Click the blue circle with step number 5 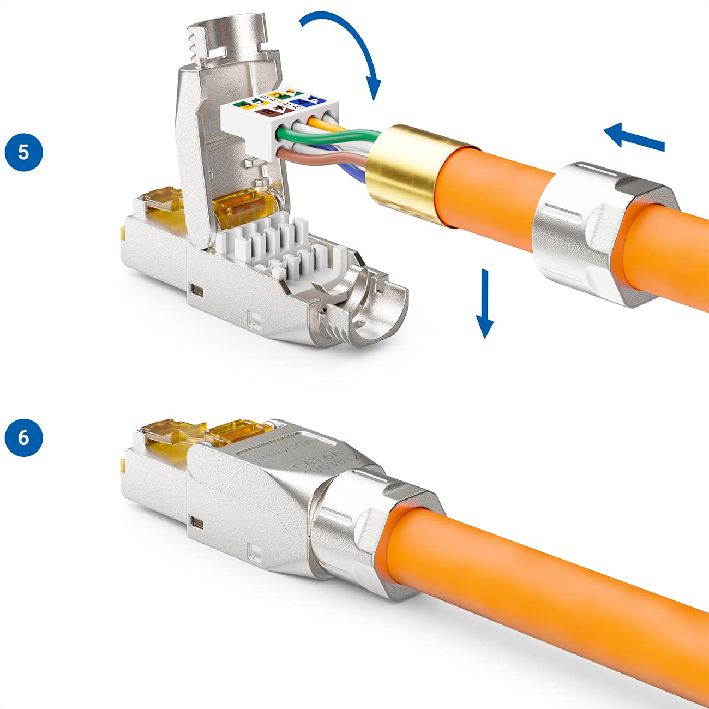tap(23, 152)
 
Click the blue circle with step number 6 tap(23, 437)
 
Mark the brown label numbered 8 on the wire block tap(268, 111)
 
